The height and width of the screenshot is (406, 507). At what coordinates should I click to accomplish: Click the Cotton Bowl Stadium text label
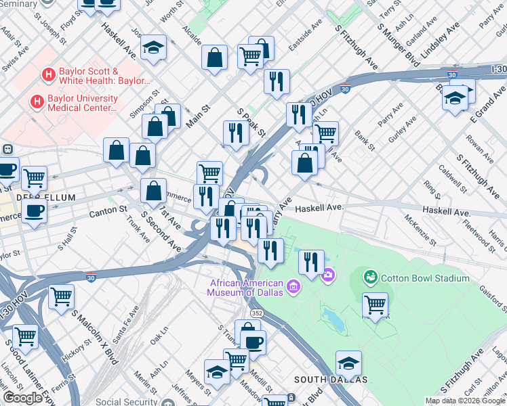coord(425,278)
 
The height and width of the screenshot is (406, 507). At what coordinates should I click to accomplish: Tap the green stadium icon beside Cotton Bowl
coord(370,277)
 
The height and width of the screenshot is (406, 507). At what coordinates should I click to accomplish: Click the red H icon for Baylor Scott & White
coord(49,75)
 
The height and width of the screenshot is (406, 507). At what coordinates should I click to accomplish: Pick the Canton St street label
coord(108,212)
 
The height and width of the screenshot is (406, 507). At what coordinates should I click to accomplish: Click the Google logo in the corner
coord(23,399)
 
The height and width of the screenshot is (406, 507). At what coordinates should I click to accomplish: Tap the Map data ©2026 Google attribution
coord(465,401)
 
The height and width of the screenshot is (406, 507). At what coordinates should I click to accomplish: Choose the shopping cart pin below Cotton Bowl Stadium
coord(375,305)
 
